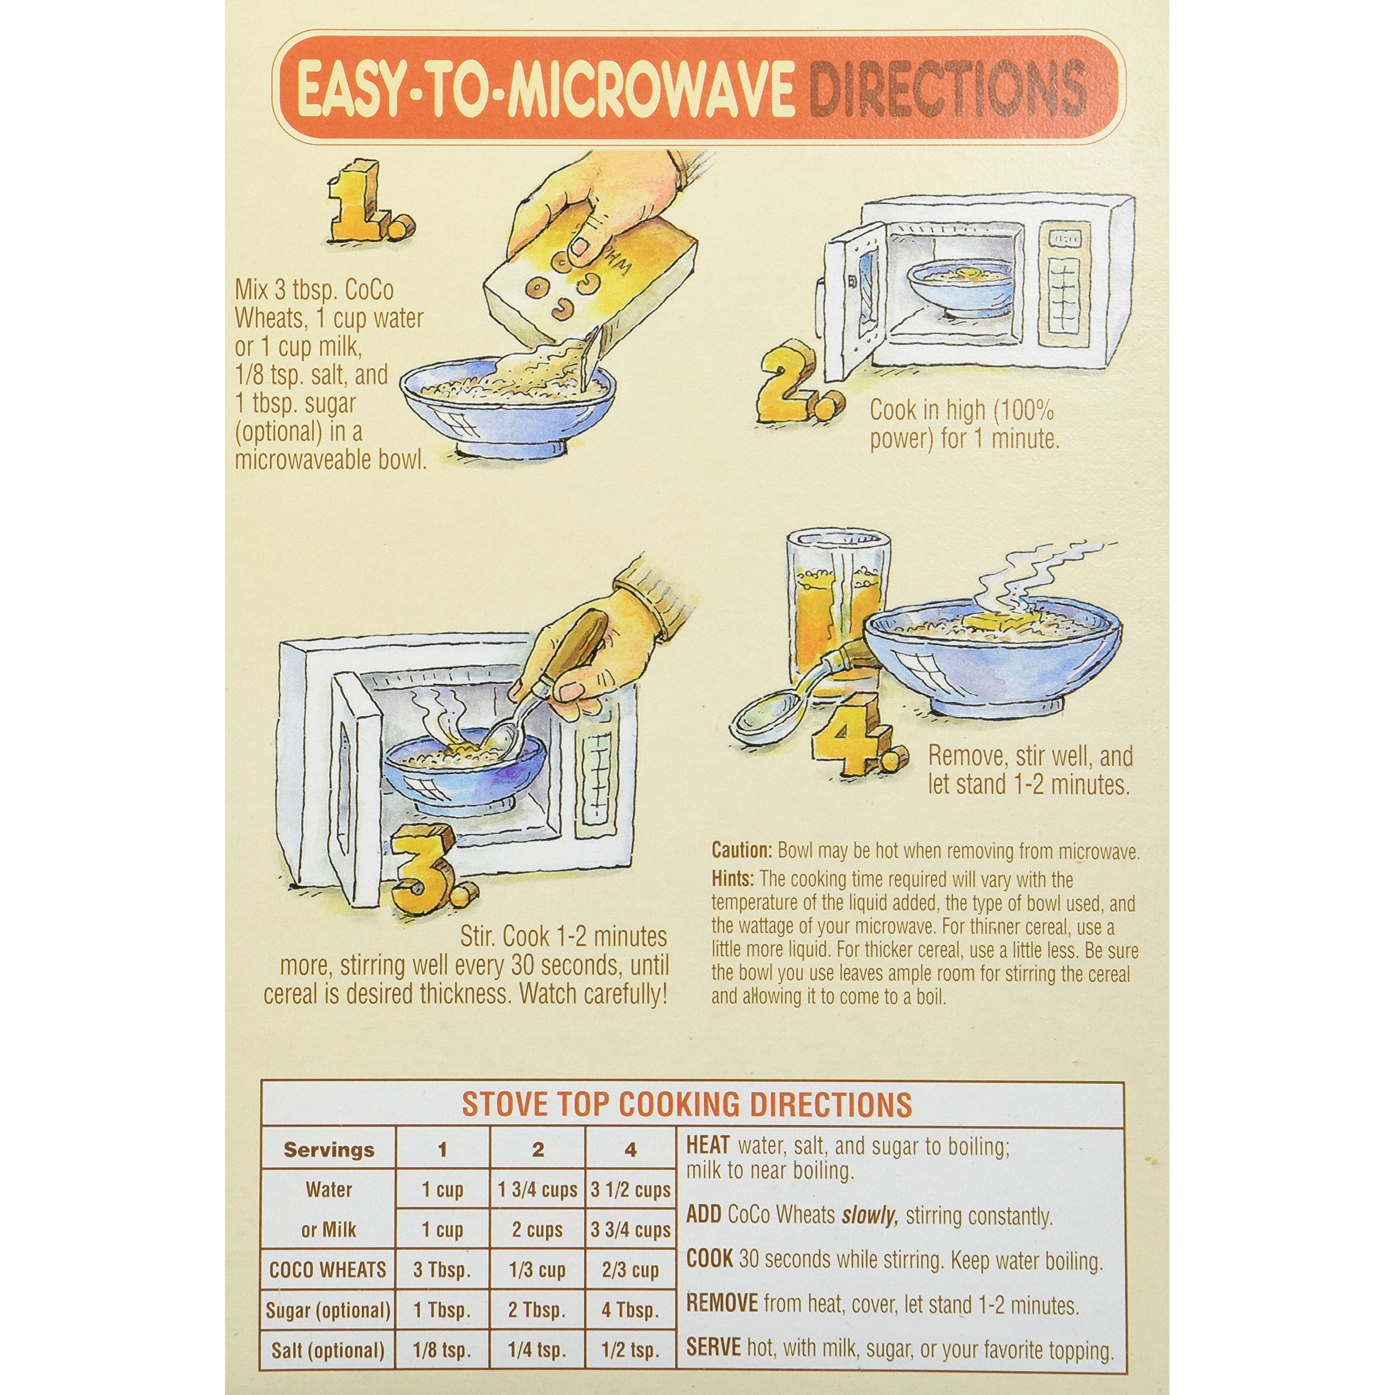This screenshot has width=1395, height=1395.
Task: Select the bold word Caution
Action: (x=742, y=850)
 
